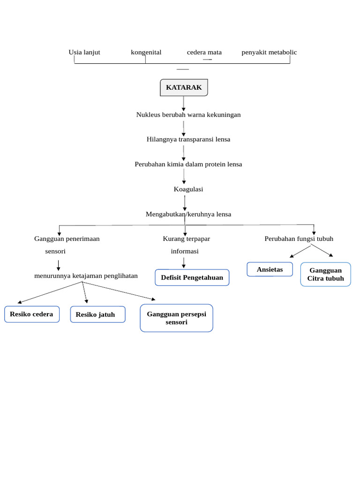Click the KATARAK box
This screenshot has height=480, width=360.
(184, 88)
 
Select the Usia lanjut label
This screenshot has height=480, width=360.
(84, 52)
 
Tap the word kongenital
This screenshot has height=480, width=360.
(146, 52)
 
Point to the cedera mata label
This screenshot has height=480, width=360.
(204, 52)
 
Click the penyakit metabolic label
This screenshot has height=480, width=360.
(269, 52)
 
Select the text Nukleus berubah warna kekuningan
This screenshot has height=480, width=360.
(188, 114)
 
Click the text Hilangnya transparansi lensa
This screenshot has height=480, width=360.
(188, 139)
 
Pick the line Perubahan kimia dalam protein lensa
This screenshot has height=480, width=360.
(188, 164)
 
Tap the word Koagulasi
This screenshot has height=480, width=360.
(188, 189)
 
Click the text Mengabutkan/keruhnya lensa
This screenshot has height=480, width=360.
(188, 214)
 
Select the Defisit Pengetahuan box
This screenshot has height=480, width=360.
(192, 277)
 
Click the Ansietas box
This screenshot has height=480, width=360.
(270, 270)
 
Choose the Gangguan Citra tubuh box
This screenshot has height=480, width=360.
(325, 274)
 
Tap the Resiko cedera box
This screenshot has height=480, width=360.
(31, 314)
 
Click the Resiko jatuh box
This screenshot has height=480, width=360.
(97, 315)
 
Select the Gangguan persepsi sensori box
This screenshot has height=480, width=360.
(176, 318)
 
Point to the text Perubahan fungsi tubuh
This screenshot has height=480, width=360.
(299, 239)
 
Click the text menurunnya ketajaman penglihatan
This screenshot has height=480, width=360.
(86, 276)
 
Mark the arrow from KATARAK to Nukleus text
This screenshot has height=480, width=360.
(184, 103)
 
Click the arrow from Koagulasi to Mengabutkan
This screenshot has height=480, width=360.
(185, 202)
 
